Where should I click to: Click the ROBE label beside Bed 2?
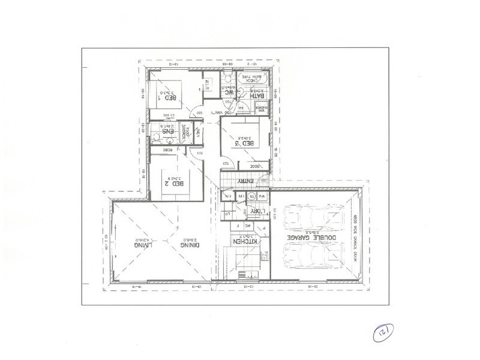pos(170,149)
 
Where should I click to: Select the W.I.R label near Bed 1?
pos(206,83)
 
